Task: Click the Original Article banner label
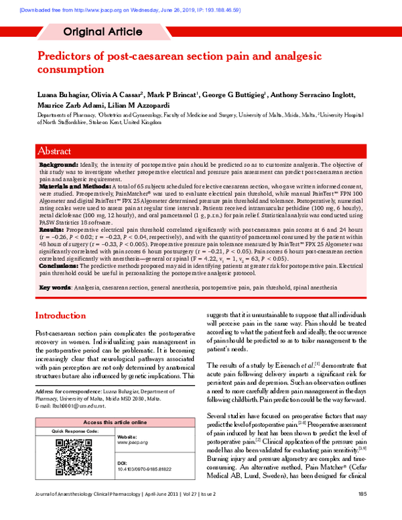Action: [x=103, y=31]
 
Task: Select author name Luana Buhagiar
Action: [x=60, y=95]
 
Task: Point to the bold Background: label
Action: [x=58, y=164]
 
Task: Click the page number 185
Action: [x=362, y=513]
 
